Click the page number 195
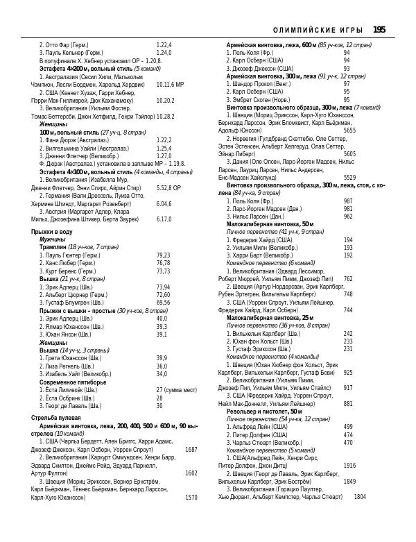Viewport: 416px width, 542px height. click(x=379, y=30)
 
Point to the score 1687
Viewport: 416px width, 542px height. click(x=191, y=450)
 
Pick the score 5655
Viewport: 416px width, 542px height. click(x=349, y=130)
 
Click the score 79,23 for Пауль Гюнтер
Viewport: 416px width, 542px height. click(x=164, y=255)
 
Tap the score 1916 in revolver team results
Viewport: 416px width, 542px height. click(x=349, y=465)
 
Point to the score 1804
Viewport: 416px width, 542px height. click(x=360, y=496)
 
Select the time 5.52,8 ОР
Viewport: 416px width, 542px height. click(x=168, y=188)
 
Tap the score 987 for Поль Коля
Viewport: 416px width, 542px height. click(x=348, y=201)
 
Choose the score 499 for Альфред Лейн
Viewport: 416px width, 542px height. click(x=348, y=427)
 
